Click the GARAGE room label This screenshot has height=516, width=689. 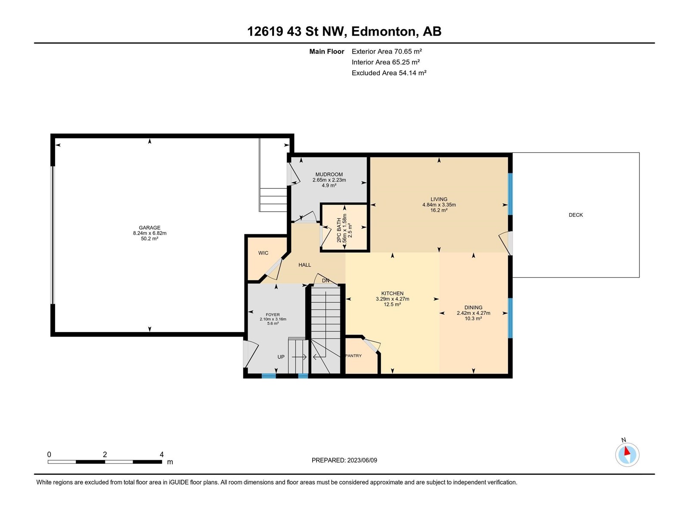(150, 228)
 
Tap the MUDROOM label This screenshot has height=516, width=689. (329, 175)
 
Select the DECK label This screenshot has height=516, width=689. (576, 215)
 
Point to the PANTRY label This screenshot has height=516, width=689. (354, 356)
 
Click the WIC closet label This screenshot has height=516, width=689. (264, 253)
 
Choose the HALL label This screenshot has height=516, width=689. (304, 265)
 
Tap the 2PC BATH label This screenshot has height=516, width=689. (339, 230)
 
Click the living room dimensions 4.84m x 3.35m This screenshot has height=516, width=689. (439, 205)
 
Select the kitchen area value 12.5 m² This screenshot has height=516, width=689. (392, 304)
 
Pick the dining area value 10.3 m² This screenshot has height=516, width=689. (473, 318)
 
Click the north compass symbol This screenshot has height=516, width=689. (627, 454)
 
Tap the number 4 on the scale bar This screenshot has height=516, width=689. (161, 454)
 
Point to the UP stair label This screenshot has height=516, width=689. (281, 357)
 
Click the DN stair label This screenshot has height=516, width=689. (326, 281)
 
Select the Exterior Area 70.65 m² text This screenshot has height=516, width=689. (387, 51)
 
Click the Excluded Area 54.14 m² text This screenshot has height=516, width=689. (389, 73)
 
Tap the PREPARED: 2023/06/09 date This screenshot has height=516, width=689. (344, 460)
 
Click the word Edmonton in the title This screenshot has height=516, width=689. (385, 31)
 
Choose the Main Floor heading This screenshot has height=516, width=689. (327, 51)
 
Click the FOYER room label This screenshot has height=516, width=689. (273, 315)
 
